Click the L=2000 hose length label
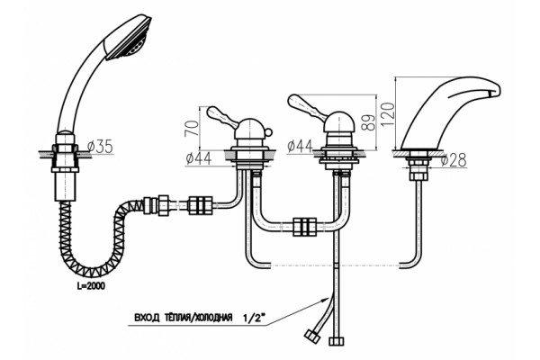[92, 286]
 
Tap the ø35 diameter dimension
[100, 147]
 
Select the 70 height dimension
[193, 128]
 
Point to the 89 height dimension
[369, 121]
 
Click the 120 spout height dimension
[388, 113]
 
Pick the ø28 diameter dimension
[454, 160]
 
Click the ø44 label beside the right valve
[300, 147]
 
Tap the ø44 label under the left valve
[199, 158]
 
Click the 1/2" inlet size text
[256, 318]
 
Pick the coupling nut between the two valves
[305, 227]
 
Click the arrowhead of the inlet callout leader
[324, 300]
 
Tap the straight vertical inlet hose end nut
[336, 341]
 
